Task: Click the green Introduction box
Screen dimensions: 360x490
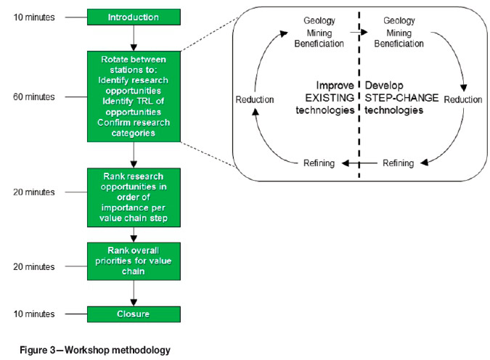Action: tap(134, 16)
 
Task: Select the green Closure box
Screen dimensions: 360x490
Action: tap(134, 314)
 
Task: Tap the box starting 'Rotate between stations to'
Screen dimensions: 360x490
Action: tap(134, 95)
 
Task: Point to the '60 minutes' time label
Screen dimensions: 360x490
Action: tap(35, 96)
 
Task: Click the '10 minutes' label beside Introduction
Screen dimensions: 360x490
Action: tap(35, 16)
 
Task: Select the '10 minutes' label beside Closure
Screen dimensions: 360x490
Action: tap(35, 314)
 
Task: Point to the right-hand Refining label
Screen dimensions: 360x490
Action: tap(397, 163)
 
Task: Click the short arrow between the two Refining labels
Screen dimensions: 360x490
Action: tap(358, 163)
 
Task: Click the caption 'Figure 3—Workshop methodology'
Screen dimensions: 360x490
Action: tap(91, 350)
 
